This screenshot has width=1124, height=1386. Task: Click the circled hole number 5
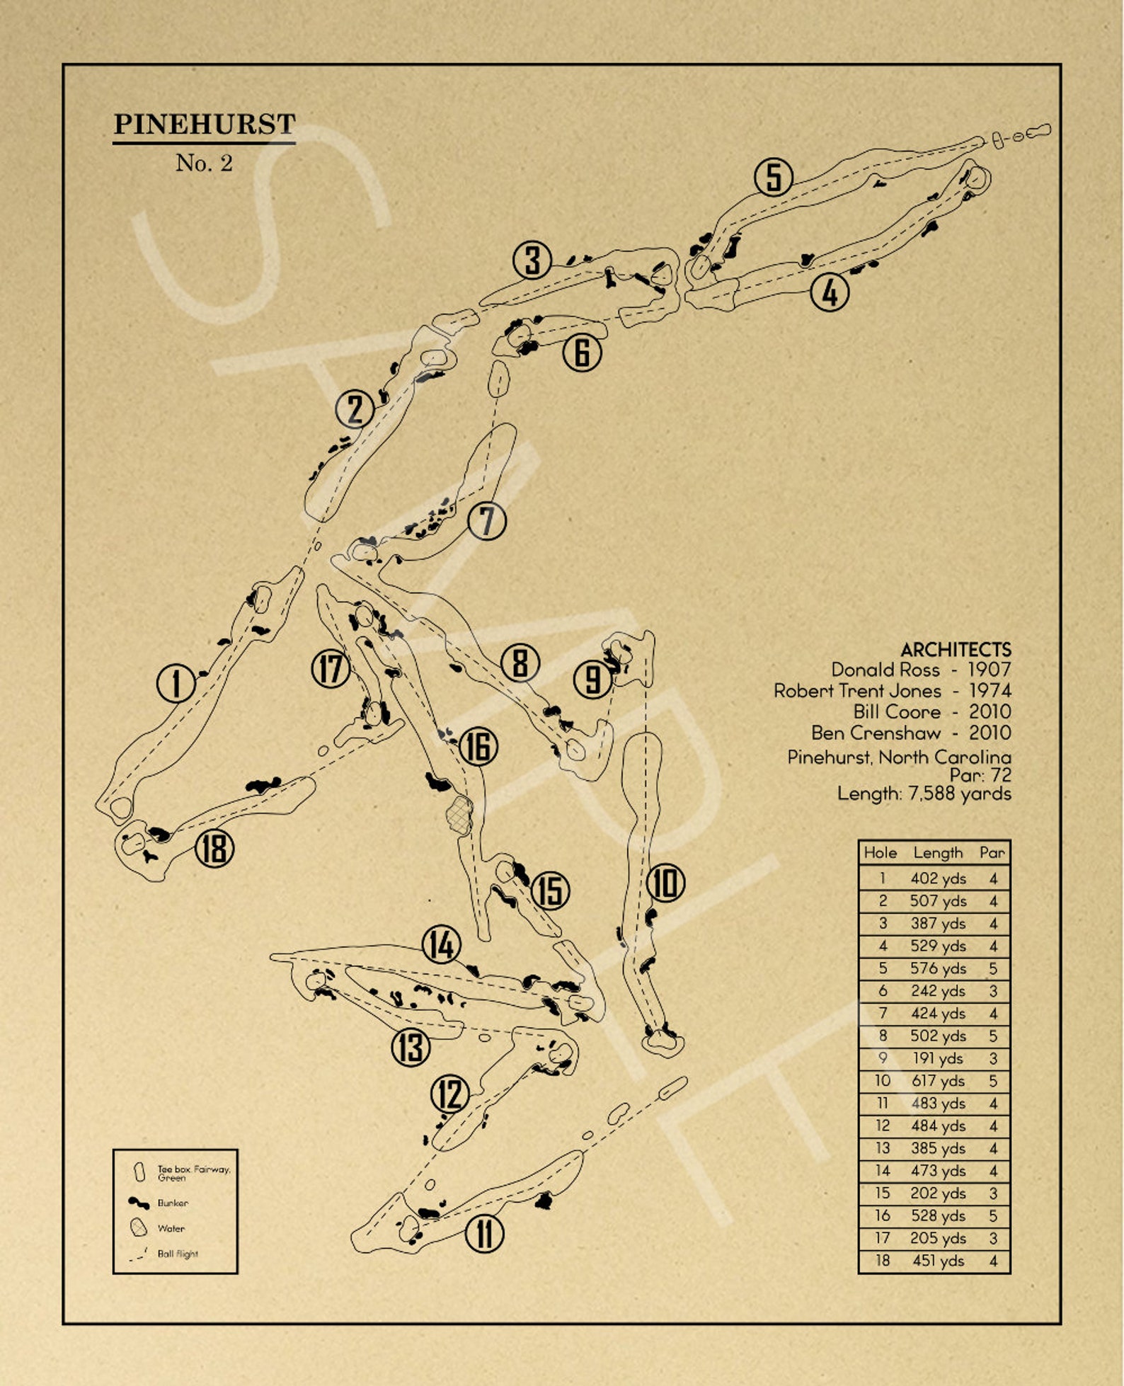coord(774,177)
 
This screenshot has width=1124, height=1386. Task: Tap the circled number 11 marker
coord(484,1233)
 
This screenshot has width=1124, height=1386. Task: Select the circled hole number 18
coord(214,847)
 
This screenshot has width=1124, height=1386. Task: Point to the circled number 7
coord(487,521)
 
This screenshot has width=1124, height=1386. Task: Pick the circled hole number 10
coord(665,883)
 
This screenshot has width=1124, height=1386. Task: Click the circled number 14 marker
coord(442,944)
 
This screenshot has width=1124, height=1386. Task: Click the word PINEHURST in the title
coord(204,124)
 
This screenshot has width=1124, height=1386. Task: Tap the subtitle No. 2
coord(204,163)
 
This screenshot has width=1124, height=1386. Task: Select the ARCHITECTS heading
coord(956,649)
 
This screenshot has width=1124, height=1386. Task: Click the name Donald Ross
coord(885,670)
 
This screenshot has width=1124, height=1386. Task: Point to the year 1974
coord(990,690)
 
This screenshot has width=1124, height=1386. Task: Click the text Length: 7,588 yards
coord(924,794)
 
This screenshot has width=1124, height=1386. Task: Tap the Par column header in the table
coord(992,852)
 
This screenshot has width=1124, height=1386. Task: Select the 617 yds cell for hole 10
coord(938,1081)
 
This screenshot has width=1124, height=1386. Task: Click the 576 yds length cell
coord(938,968)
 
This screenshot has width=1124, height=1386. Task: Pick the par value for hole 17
coord(993,1238)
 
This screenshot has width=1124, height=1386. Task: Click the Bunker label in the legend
coord(173,1203)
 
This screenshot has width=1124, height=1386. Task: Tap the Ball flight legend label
coord(178,1254)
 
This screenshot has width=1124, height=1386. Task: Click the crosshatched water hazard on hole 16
coord(459,814)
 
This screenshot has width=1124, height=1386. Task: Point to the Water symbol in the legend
coord(139,1227)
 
